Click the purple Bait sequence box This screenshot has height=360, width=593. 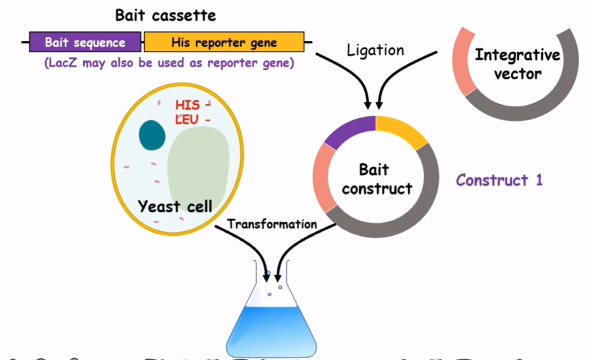coord(85,42)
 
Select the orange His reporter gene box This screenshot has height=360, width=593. coord(224,42)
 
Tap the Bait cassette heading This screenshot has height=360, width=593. coord(165,15)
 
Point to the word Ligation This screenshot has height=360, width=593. coord(376,50)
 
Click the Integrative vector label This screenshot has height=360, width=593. coord(517,64)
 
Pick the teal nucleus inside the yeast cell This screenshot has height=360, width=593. coord(152,135)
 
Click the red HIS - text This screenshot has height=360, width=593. coord(193,105)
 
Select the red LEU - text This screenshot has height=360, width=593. coord(192,120)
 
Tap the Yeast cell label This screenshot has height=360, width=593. coord(175,206)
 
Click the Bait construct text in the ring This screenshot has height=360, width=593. coord(376,179)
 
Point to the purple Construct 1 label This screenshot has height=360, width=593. coord(499,180)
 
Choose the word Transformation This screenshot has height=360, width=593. coord(272,224)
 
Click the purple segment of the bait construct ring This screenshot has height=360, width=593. coord(349,131)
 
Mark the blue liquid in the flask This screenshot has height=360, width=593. coord(271,330)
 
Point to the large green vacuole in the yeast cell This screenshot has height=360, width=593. coord(198,167)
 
